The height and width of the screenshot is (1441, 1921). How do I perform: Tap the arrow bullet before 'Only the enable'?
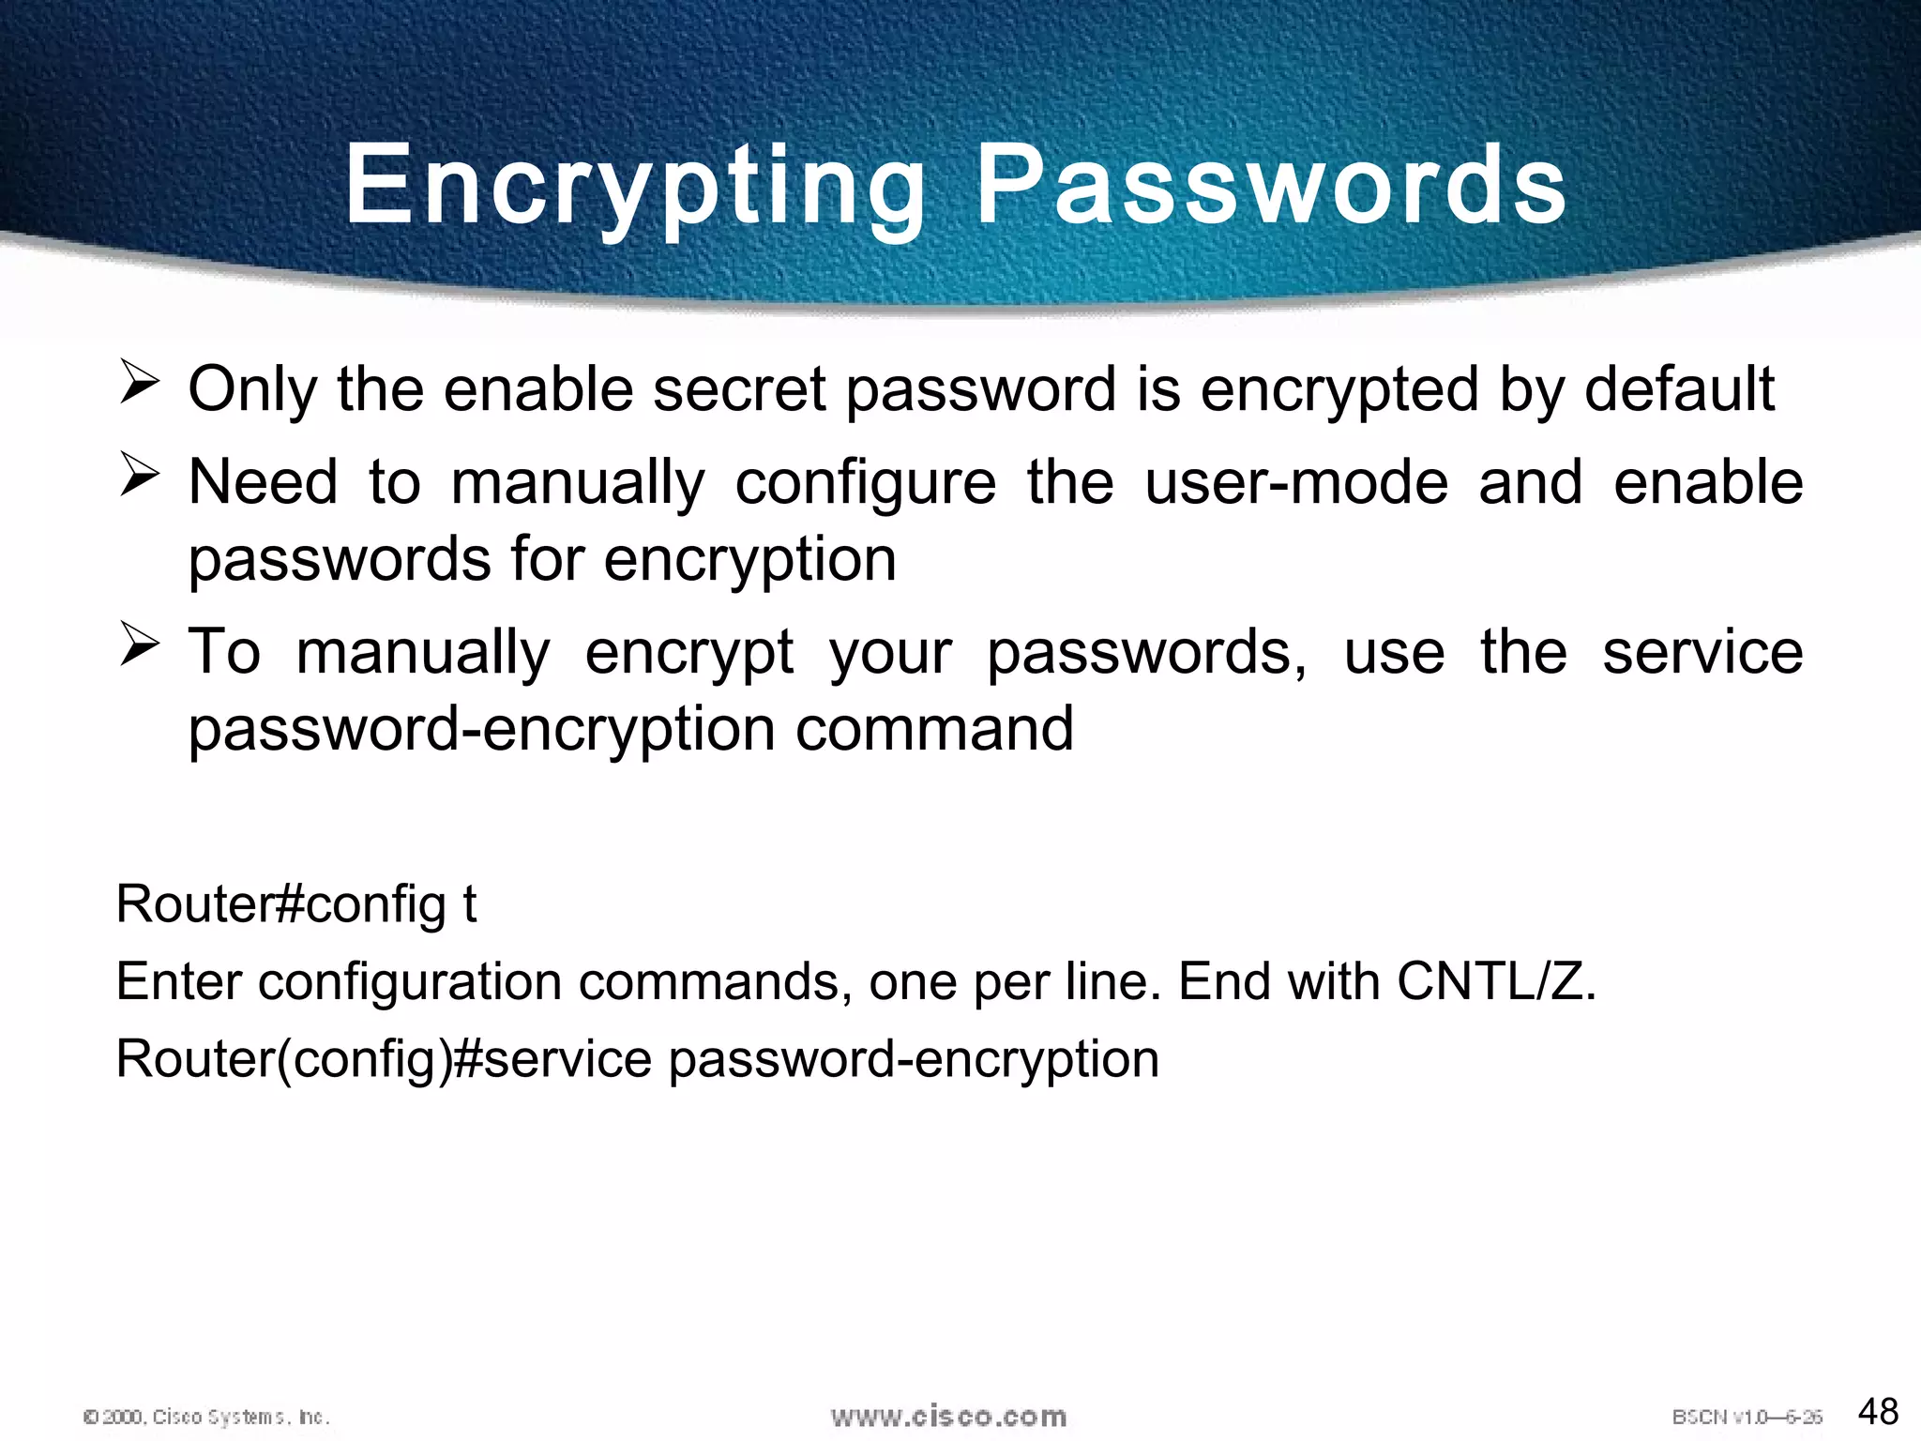click(139, 385)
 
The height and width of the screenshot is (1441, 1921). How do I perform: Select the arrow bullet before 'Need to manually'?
click(139, 477)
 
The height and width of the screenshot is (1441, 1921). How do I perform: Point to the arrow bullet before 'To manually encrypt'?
click(139, 646)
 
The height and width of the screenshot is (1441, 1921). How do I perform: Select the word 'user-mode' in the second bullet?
click(1296, 482)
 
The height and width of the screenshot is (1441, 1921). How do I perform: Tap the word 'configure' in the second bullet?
click(865, 482)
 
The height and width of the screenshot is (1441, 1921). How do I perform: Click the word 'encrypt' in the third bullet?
click(689, 653)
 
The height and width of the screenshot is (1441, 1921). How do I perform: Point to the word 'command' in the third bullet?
click(934, 730)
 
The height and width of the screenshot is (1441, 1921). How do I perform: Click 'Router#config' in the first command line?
click(280, 904)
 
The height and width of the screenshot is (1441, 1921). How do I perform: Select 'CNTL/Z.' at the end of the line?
click(1496, 982)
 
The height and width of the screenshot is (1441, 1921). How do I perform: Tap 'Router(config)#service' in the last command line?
click(384, 1060)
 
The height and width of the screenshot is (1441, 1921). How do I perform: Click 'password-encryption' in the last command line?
click(914, 1060)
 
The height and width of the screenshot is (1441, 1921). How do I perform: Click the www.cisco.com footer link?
click(948, 1416)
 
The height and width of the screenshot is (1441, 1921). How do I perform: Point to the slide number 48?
click(1878, 1411)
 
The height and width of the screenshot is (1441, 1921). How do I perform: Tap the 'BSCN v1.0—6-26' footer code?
click(1747, 1417)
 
